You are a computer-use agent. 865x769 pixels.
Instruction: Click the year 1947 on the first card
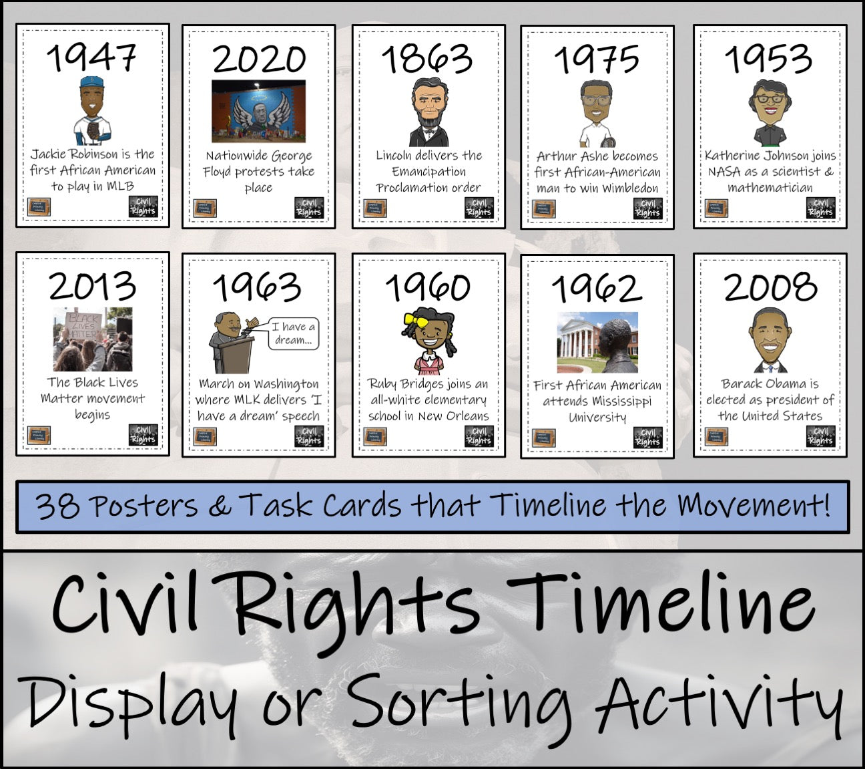(92, 57)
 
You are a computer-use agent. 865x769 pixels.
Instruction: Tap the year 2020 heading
(259, 59)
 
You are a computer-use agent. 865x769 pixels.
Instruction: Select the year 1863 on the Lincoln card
(428, 59)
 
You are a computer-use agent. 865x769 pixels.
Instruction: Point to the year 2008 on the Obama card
(770, 287)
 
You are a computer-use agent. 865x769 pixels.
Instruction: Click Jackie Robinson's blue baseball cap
(91, 83)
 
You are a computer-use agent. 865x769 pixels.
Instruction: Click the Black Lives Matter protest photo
(93, 339)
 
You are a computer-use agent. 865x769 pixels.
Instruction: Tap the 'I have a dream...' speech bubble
(293, 333)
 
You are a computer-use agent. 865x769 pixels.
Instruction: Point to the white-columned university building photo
(597, 342)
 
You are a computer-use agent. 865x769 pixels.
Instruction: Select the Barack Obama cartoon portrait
(770, 339)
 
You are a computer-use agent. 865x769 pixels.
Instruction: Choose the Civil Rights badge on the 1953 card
(820, 208)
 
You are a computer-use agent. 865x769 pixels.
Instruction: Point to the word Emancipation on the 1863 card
(428, 172)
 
